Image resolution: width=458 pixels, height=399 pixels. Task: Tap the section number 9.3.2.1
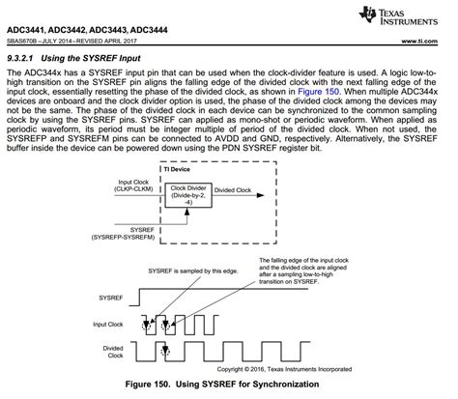(x=26, y=57)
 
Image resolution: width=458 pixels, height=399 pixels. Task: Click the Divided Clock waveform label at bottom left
(x=118, y=352)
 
